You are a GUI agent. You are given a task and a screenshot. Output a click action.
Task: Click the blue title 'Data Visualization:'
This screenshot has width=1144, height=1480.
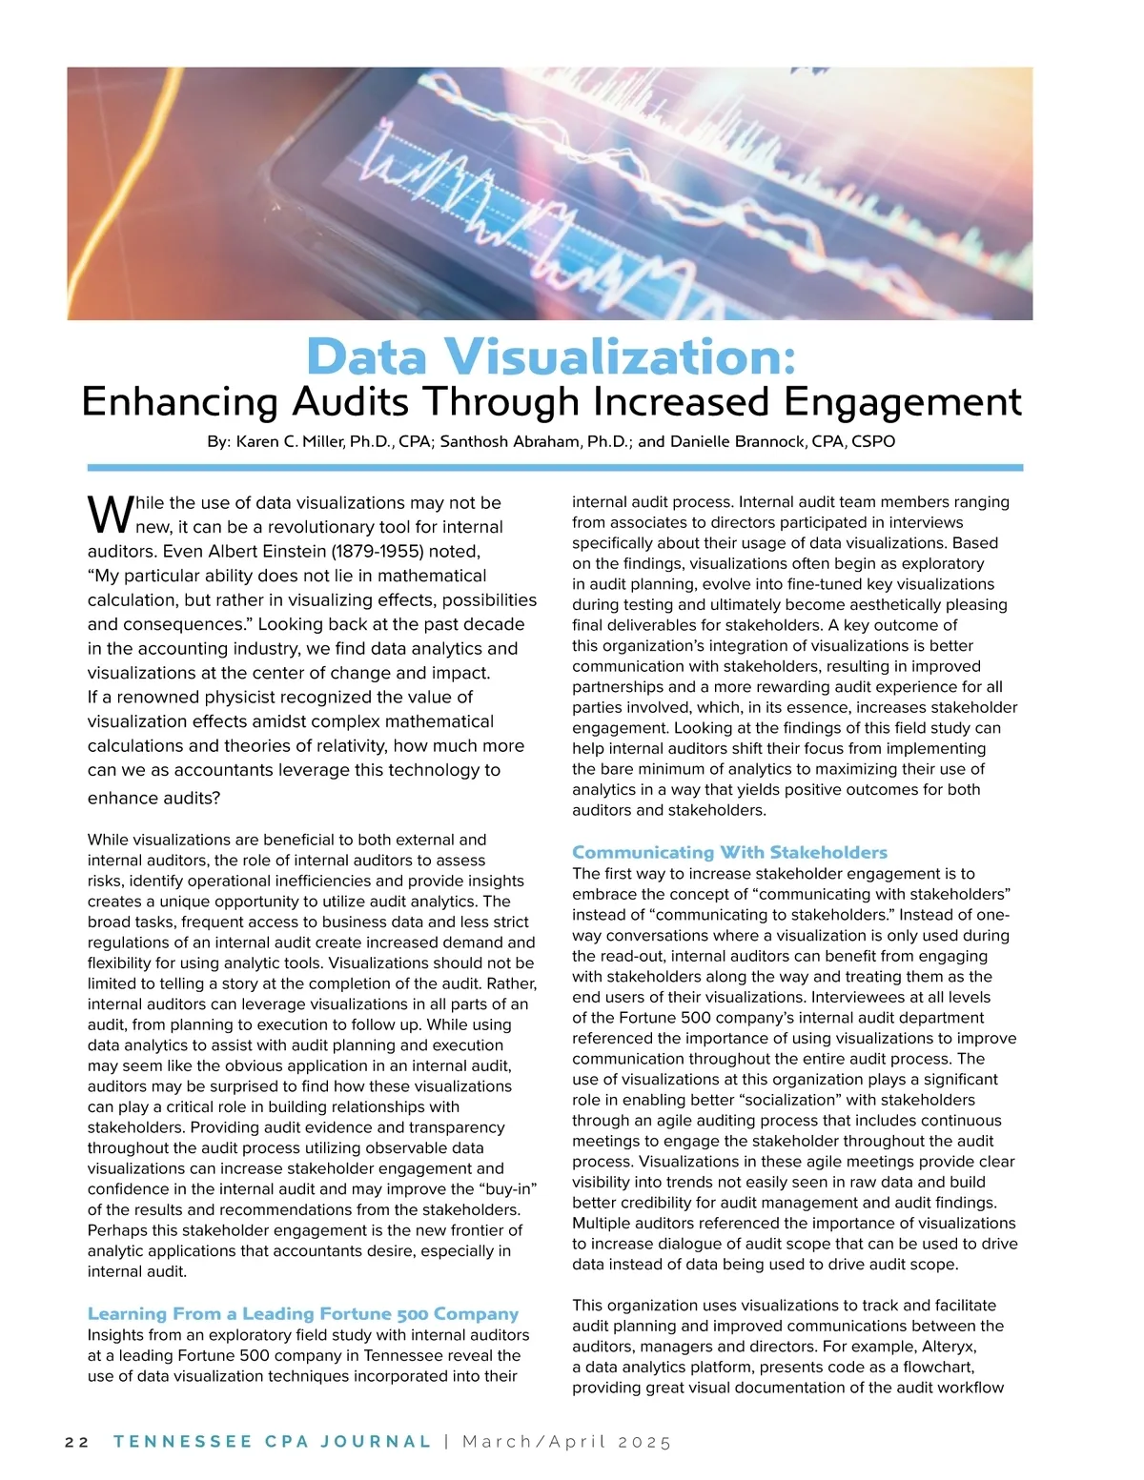click(551, 357)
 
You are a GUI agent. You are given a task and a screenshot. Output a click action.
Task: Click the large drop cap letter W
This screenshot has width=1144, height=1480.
click(109, 516)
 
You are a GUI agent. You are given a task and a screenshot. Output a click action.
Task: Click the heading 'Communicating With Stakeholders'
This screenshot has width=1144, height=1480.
click(729, 852)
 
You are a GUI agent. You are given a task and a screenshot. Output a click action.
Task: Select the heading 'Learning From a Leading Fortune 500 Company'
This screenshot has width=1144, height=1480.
click(303, 1313)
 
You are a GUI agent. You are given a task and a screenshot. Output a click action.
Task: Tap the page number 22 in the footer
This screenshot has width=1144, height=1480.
click(76, 1442)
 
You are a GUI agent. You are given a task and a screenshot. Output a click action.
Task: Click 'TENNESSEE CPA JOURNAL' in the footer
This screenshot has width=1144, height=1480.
click(273, 1442)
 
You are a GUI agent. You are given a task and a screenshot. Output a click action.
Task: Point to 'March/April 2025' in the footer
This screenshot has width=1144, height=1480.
click(567, 1442)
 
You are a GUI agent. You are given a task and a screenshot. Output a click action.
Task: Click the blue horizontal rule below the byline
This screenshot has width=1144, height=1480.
click(555, 468)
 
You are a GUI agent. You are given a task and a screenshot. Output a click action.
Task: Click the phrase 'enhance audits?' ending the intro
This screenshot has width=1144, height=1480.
click(154, 798)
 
